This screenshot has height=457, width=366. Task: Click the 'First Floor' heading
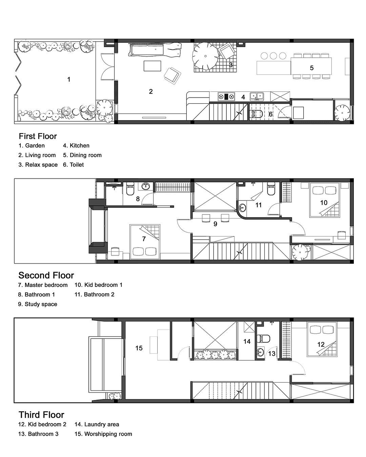tap(38, 136)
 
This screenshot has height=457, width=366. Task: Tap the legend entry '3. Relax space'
tap(38, 165)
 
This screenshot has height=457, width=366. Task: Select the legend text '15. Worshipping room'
tap(103, 434)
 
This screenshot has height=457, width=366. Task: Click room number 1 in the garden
tap(68, 79)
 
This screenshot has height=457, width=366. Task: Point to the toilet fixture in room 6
tap(256, 114)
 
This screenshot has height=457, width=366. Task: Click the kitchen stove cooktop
tap(226, 97)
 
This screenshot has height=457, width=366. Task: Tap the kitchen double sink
tap(257, 96)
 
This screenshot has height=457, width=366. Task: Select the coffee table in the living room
tap(152, 66)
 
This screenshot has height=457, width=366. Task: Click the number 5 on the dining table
tap(311, 68)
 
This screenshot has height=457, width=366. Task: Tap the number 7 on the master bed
tap(144, 239)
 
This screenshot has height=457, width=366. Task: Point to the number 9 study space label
tap(215, 224)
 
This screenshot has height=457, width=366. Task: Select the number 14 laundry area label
tap(247, 341)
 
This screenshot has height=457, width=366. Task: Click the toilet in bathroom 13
tap(263, 338)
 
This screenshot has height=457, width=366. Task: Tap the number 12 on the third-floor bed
tap(321, 344)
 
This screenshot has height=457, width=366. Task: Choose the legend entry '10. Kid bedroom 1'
tap(98, 285)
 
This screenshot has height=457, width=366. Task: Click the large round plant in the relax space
tap(205, 56)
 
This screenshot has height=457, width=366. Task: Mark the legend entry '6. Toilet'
tap(73, 165)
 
